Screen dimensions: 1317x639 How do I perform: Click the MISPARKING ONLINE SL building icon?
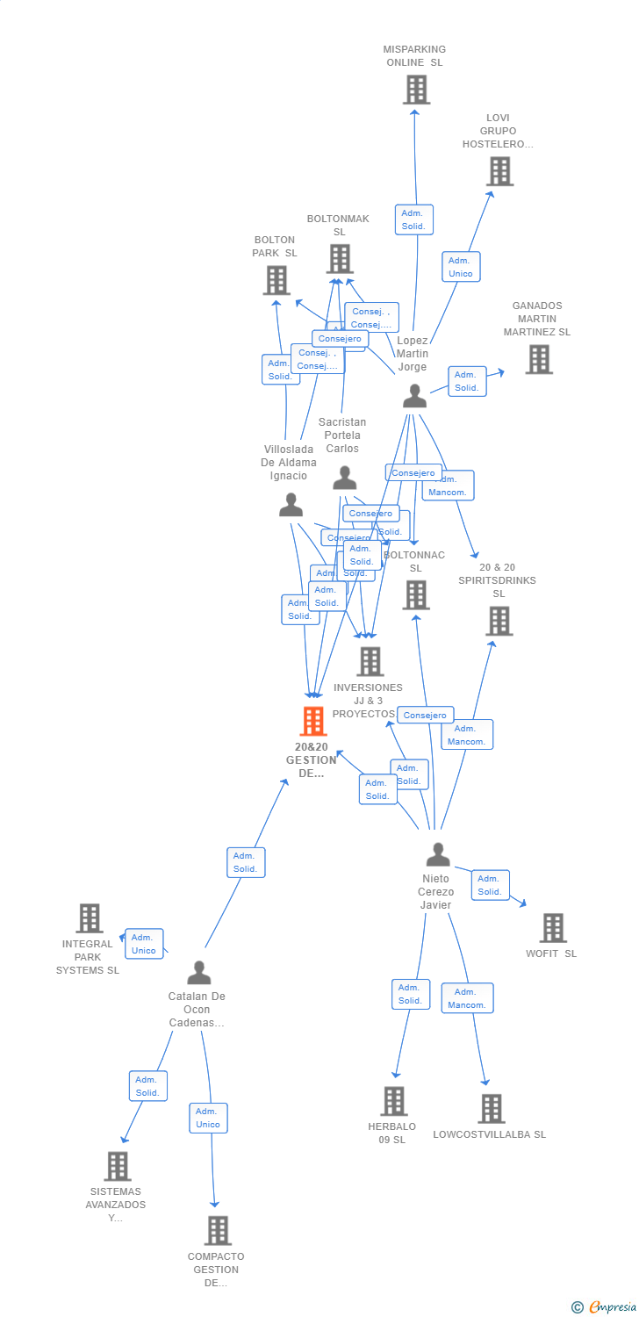click(x=416, y=90)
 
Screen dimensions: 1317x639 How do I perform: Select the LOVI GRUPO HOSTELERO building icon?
click(x=499, y=171)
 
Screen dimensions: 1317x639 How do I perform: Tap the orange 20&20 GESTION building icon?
click(x=312, y=721)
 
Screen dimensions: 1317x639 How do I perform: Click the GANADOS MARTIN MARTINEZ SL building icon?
click(x=539, y=359)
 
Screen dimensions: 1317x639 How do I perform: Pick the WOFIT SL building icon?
click(x=552, y=928)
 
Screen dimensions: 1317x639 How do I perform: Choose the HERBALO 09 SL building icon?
click(x=394, y=1101)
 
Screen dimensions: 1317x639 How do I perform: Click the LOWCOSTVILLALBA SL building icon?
click(x=492, y=1109)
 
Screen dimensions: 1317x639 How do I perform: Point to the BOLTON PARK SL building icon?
click(x=276, y=280)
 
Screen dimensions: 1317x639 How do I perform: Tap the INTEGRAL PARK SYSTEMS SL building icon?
click(x=90, y=918)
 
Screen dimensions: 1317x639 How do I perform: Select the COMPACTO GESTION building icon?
click(x=218, y=1231)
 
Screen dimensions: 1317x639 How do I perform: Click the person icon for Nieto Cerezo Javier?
click(x=437, y=853)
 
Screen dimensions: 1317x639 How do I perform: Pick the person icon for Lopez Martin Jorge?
click(x=414, y=396)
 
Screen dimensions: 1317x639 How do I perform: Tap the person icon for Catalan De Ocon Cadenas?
click(x=199, y=973)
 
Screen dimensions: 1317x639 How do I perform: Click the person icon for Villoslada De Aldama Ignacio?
click(x=291, y=505)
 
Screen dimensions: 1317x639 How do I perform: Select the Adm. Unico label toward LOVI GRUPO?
click(x=460, y=267)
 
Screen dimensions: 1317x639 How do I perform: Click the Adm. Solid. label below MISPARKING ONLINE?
click(x=413, y=219)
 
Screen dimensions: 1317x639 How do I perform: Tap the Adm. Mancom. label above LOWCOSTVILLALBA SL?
click(x=467, y=998)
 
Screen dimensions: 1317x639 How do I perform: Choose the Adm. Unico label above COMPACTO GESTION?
click(x=208, y=1118)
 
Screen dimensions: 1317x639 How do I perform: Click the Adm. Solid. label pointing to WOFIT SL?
click(x=490, y=885)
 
